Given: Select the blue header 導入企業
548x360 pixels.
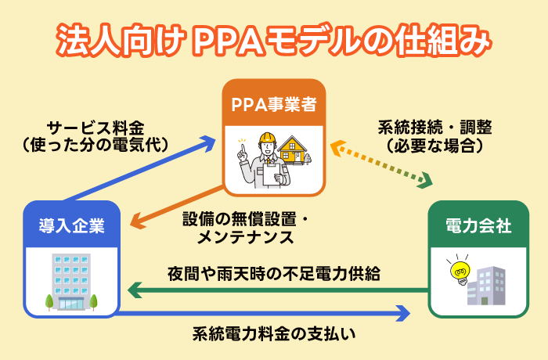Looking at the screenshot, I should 72,226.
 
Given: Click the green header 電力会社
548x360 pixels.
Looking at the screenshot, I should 478,226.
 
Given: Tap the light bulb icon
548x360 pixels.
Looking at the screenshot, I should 456,271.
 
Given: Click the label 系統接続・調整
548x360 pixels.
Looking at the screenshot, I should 435,128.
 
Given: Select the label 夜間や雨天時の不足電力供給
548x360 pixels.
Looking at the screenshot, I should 274,274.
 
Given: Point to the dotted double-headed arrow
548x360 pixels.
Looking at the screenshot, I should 380,164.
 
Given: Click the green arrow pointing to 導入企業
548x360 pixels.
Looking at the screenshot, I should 274,292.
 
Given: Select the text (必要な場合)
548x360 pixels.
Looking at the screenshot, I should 435,146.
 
